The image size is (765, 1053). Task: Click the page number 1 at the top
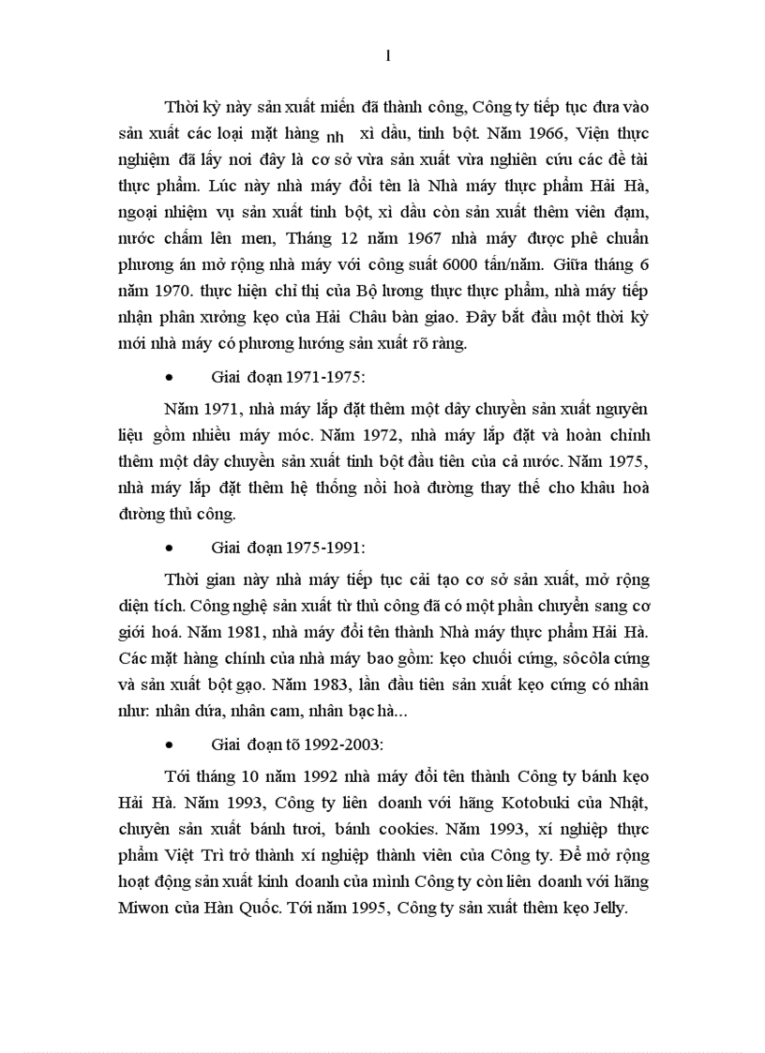tap(387, 56)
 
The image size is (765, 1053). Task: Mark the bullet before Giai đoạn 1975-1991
tap(170, 545)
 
